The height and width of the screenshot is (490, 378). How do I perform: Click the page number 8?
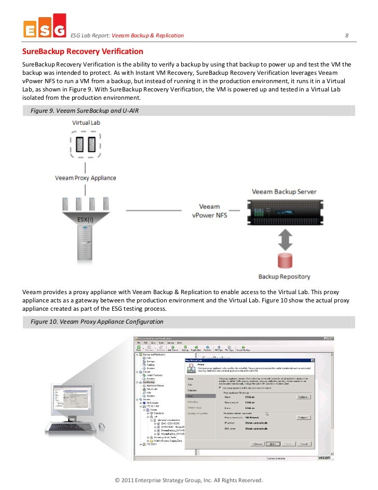click(x=347, y=35)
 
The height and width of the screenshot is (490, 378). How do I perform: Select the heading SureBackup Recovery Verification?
click(x=82, y=52)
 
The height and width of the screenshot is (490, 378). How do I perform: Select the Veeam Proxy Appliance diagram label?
click(x=86, y=178)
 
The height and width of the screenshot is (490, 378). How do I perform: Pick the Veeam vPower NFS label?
click(x=210, y=210)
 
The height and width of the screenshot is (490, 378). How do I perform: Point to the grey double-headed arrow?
click(x=284, y=240)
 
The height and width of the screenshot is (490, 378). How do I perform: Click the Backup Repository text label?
click(x=284, y=277)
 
